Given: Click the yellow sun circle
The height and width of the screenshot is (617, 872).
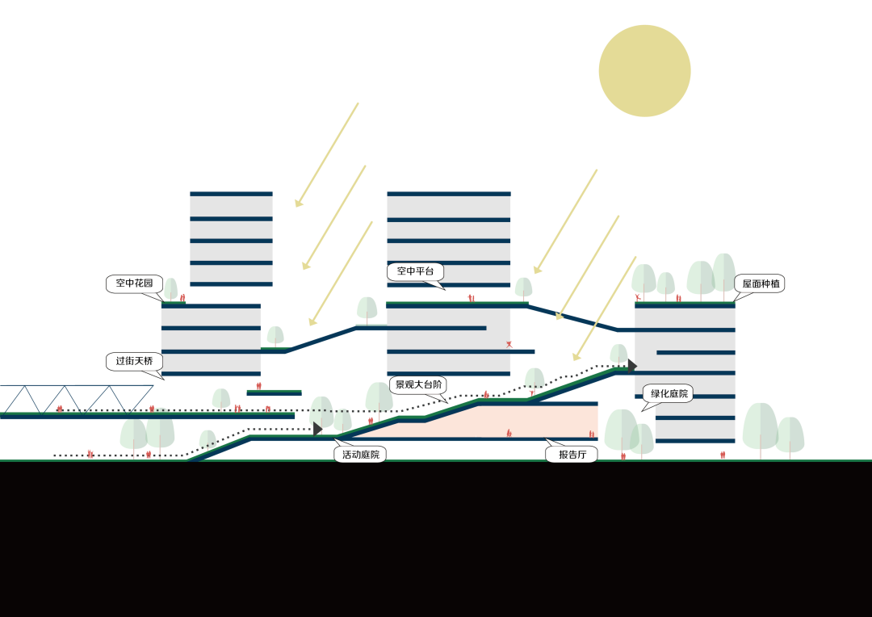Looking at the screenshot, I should (x=644, y=71).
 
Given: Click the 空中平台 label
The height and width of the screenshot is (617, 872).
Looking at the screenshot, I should (x=415, y=271).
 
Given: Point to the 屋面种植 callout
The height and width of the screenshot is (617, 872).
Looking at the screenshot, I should (x=758, y=283).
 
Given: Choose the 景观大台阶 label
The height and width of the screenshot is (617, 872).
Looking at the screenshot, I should (x=417, y=384).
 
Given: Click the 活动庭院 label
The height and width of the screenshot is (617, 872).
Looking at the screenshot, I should (x=359, y=454).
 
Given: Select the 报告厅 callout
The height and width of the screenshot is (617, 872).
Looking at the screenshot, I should (x=572, y=454).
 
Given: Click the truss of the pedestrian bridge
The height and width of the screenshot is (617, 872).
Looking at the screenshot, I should (x=77, y=398).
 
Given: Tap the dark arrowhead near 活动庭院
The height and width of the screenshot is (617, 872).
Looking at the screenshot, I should (x=317, y=429).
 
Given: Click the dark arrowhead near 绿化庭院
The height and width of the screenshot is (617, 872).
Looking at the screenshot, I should (x=632, y=366).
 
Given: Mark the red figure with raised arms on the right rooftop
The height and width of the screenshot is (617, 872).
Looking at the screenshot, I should (x=638, y=298).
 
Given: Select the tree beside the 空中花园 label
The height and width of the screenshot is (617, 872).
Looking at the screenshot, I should (x=170, y=289).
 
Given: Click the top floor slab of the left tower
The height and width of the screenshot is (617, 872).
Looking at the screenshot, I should (x=231, y=194).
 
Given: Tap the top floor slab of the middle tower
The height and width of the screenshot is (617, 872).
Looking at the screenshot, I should (x=449, y=194).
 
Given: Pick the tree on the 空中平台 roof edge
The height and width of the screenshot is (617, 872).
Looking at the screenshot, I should (x=524, y=288).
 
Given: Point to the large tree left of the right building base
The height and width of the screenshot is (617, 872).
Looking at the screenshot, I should (x=622, y=430).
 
